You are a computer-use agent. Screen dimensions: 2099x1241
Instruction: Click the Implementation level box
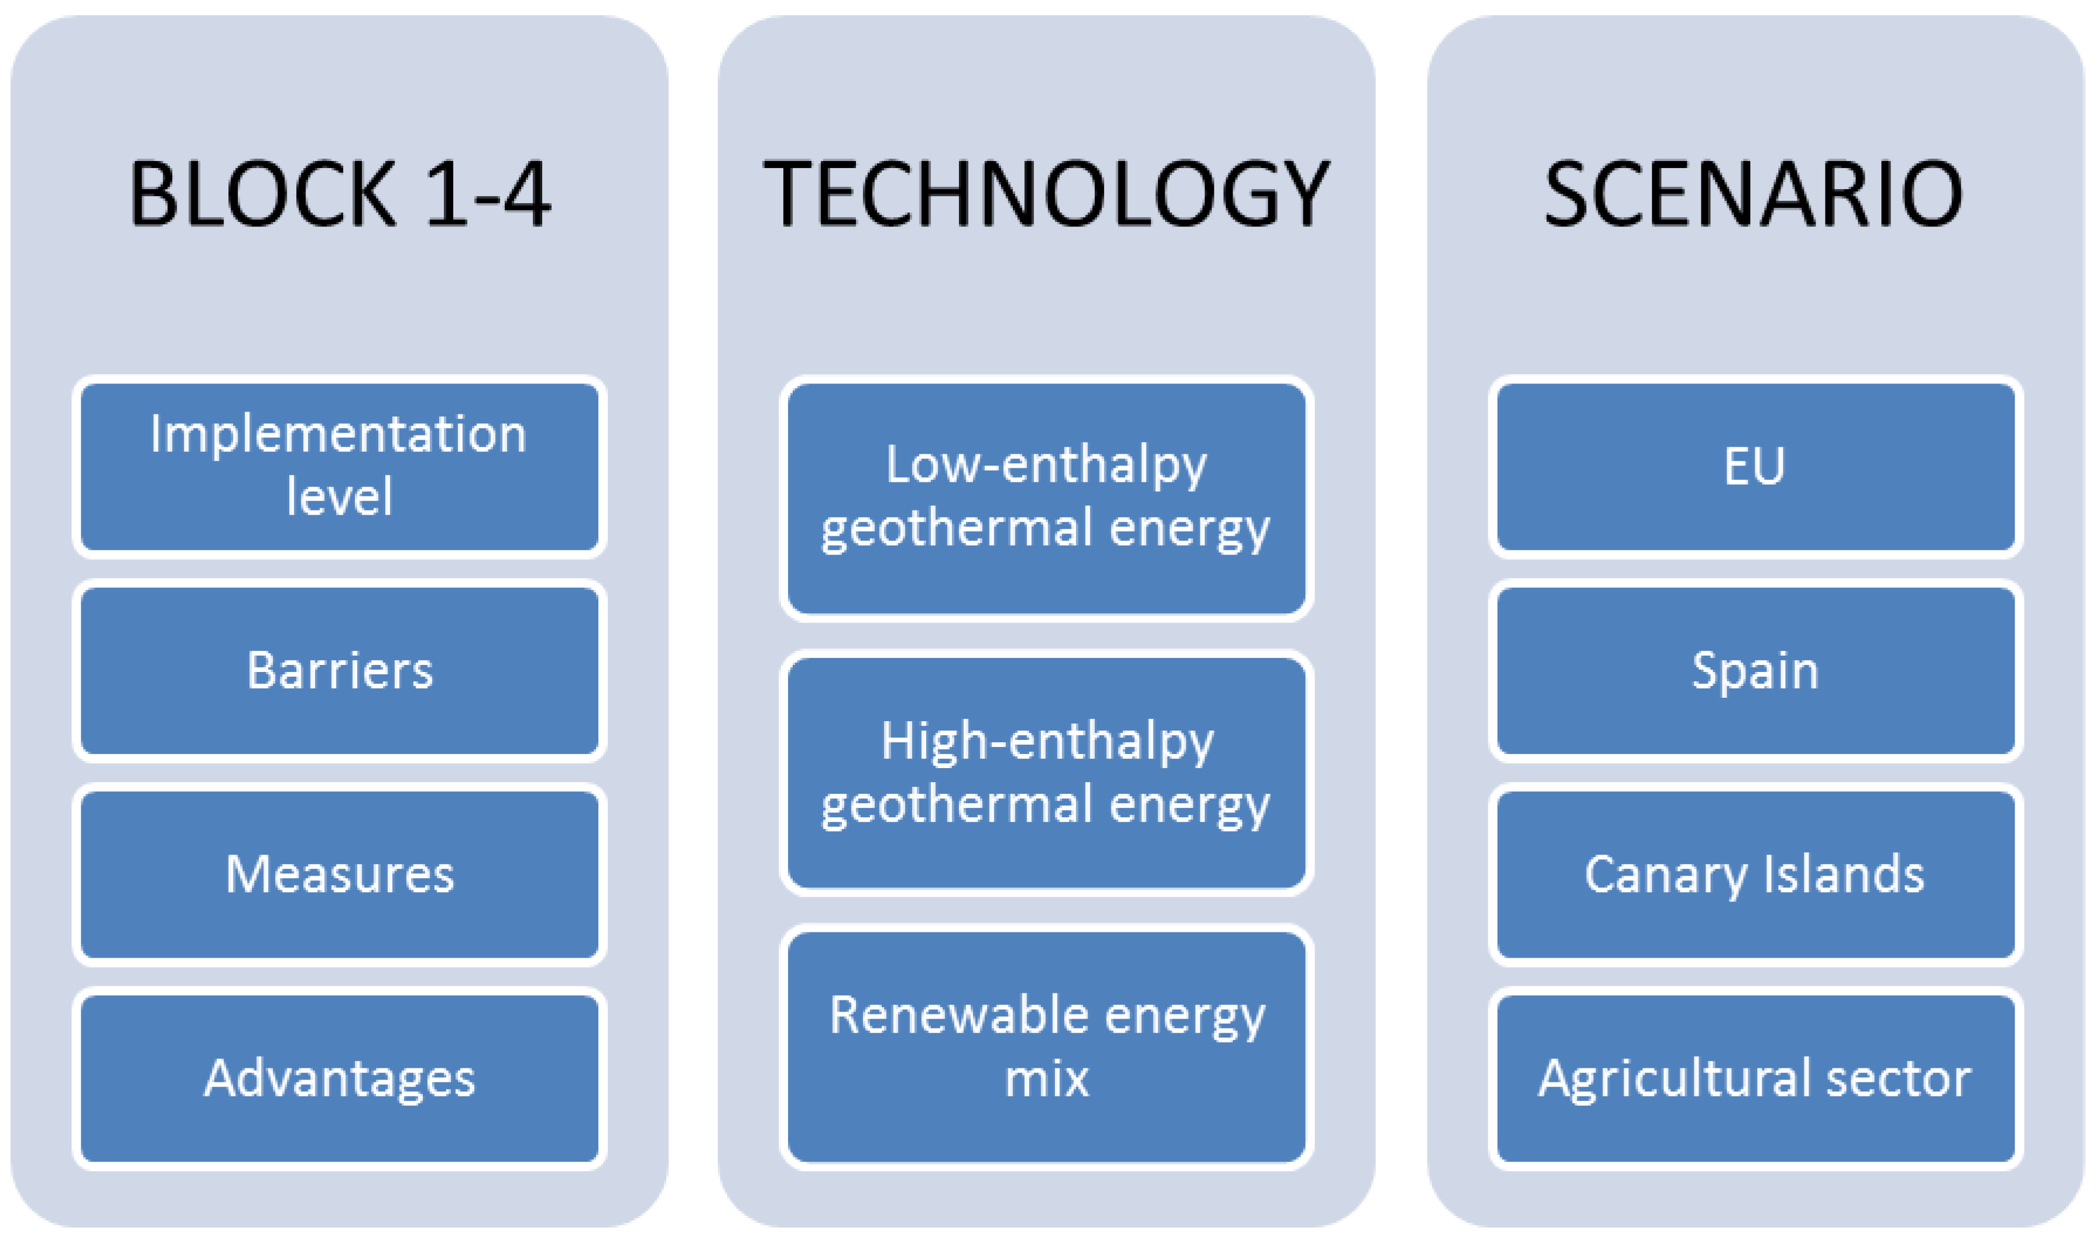(340, 467)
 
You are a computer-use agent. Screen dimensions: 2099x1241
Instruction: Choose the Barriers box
(340, 671)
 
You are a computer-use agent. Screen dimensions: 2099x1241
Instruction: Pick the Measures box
(340, 875)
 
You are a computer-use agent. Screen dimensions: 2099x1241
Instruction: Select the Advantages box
(340, 1079)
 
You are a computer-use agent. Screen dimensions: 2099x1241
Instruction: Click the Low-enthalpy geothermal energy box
(1046, 498)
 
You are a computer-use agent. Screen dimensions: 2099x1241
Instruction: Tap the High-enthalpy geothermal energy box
(1046, 773)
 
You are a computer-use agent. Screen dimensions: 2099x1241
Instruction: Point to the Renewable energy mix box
(1046, 1047)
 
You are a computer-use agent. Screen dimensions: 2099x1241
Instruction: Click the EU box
(1755, 467)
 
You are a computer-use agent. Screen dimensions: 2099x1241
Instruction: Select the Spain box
(1755, 671)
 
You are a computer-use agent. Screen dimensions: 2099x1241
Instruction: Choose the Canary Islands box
(1755, 875)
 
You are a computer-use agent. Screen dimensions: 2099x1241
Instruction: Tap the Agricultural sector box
(1755, 1079)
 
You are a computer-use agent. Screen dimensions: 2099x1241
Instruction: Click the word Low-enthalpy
(1046, 467)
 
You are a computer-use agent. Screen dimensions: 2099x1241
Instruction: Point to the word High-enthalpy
(1047, 743)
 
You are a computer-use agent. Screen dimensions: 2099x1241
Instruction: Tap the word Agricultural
(1676, 1081)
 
